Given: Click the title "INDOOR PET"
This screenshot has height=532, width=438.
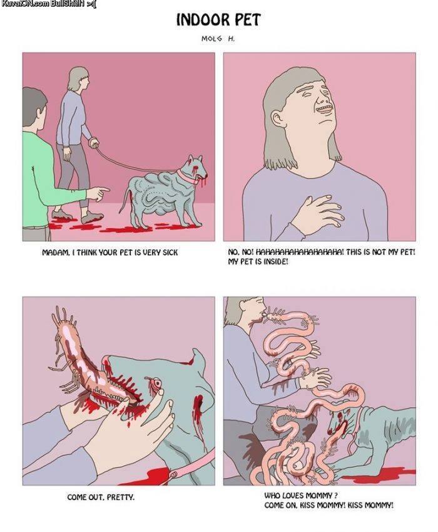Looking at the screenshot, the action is [218, 19].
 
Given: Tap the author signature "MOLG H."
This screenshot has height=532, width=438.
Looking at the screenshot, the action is [218, 39].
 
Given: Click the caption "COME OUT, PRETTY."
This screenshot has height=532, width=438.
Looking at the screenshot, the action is [101, 498].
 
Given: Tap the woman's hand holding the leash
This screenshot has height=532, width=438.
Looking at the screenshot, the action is [93, 142].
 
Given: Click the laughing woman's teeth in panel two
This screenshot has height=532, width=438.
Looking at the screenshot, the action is [324, 109].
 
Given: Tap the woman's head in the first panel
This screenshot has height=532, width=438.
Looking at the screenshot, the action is [79, 78].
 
